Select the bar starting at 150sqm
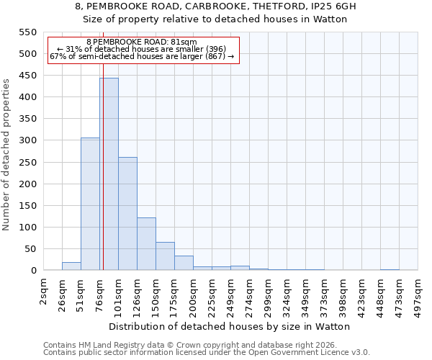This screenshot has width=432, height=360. [165, 256]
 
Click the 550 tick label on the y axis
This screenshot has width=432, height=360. [27, 32]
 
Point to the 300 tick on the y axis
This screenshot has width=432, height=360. [27, 140]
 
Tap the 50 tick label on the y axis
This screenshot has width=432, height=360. [30, 249]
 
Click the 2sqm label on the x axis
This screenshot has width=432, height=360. [44, 292]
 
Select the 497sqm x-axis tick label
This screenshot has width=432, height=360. [418, 296]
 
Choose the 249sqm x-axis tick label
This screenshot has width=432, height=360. [231, 296]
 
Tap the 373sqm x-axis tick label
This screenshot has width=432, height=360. [325, 296]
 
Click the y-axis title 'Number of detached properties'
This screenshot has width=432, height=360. [7, 155]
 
